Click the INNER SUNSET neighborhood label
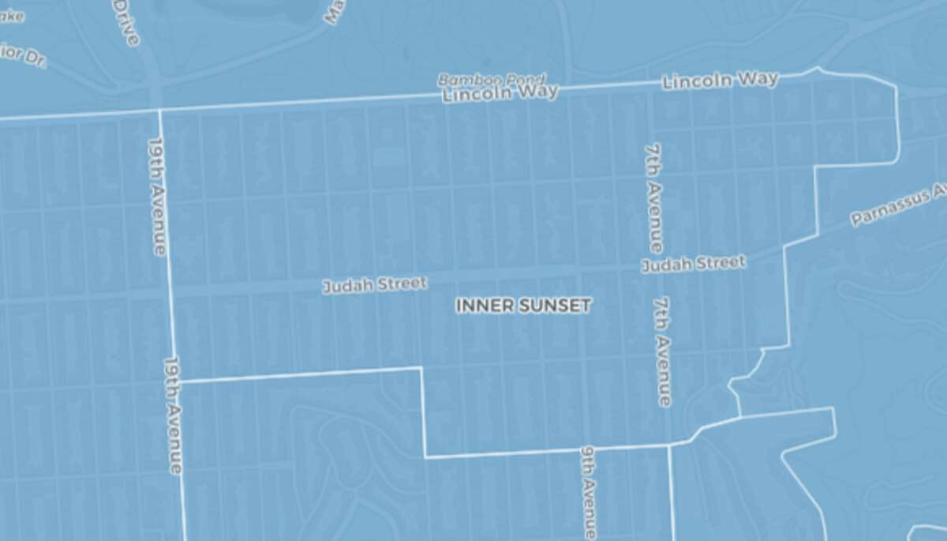523,306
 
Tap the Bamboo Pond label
491,80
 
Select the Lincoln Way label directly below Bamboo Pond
500,93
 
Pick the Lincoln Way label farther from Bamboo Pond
721,81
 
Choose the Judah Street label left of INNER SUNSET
374,284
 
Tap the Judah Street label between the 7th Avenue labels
693,264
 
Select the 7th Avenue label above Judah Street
654,197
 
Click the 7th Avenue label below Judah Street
663,351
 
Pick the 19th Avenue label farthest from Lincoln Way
172,415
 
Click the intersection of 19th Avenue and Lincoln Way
159,110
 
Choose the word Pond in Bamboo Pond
524,80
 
